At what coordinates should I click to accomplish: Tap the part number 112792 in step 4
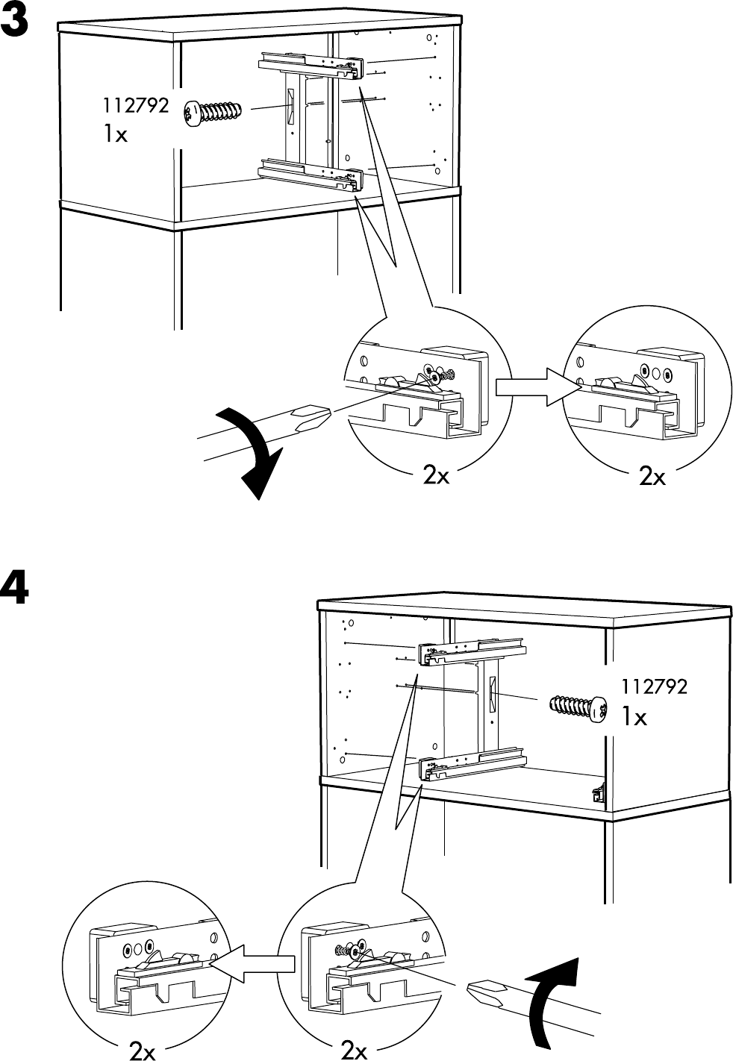[x=654, y=686]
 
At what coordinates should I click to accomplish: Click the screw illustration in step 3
[x=213, y=113]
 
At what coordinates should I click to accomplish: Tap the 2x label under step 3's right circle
[x=652, y=476]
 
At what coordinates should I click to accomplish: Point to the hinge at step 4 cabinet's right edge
[x=598, y=794]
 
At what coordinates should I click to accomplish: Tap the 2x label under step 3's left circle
[x=436, y=476]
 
